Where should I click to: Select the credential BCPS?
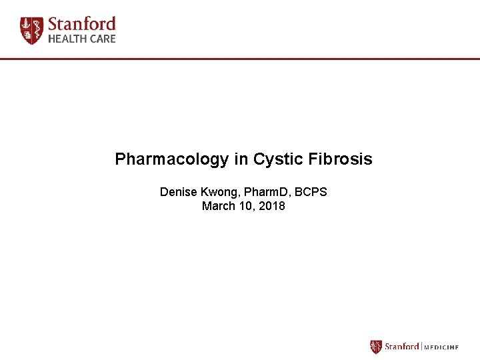point(311,192)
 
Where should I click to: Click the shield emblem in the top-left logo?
point(31,31)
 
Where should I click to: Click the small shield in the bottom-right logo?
point(376,347)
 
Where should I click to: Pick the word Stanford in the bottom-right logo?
point(401,347)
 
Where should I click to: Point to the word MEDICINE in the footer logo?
point(441,347)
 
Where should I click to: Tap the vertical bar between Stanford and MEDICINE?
point(421,347)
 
